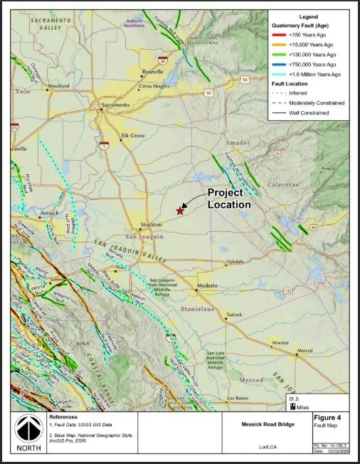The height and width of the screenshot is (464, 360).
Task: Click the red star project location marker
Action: tap(180, 211)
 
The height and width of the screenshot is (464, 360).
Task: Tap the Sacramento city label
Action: tap(117, 105)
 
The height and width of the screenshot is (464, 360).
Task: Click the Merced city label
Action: tap(305, 350)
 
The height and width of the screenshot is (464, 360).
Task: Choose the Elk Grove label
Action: tap(133, 135)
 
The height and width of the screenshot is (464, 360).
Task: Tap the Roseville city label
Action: tap(152, 72)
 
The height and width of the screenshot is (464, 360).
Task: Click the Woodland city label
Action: tap(59, 86)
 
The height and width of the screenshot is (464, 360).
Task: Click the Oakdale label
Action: tap(235, 262)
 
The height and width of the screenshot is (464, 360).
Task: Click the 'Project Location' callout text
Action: tap(228, 199)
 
